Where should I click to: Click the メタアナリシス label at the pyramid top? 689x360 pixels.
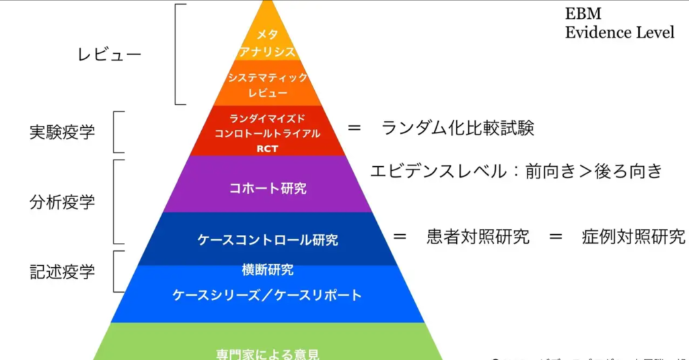click(x=267, y=42)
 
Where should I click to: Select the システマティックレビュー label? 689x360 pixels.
click(x=267, y=85)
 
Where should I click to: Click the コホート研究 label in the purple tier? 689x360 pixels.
click(x=267, y=188)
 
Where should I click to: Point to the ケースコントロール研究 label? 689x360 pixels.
click(x=267, y=239)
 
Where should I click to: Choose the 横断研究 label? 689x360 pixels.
click(x=267, y=271)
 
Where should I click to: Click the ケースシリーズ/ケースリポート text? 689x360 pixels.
click(x=267, y=295)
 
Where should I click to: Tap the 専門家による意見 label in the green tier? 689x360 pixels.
click(x=267, y=353)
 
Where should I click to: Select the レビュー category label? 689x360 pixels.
click(x=110, y=55)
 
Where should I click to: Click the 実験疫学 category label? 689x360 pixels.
click(x=62, y=132)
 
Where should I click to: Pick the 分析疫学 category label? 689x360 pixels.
click(x=62, y=201)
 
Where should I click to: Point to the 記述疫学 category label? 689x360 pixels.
click(x=62, y=271)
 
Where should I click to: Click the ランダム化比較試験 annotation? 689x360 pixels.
click(x=458, y=128)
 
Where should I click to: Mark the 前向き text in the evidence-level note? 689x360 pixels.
click(x=548, y=171)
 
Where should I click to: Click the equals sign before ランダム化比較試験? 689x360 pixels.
click(x=355, y=128)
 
